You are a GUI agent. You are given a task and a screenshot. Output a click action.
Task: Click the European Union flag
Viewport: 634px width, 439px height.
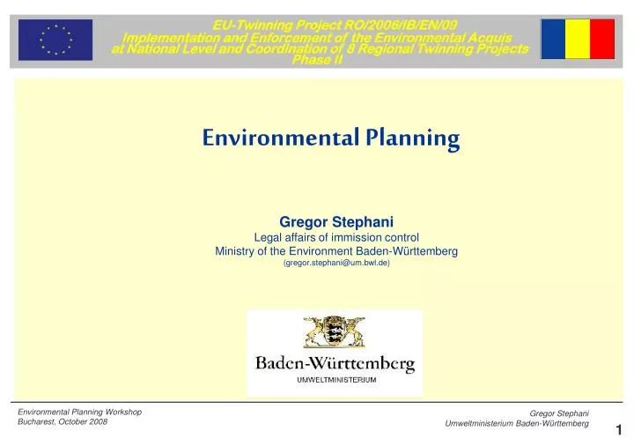(55, 40)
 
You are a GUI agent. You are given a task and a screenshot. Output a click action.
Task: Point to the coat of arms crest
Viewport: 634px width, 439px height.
(334, 334)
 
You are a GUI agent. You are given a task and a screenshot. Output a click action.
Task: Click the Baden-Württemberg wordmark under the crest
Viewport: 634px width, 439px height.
(335, 363)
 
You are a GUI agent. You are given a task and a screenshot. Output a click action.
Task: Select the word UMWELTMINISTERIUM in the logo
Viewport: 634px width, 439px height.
(335, 380)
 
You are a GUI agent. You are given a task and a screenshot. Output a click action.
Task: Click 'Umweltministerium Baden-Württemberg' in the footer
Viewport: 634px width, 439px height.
(517, 424)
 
